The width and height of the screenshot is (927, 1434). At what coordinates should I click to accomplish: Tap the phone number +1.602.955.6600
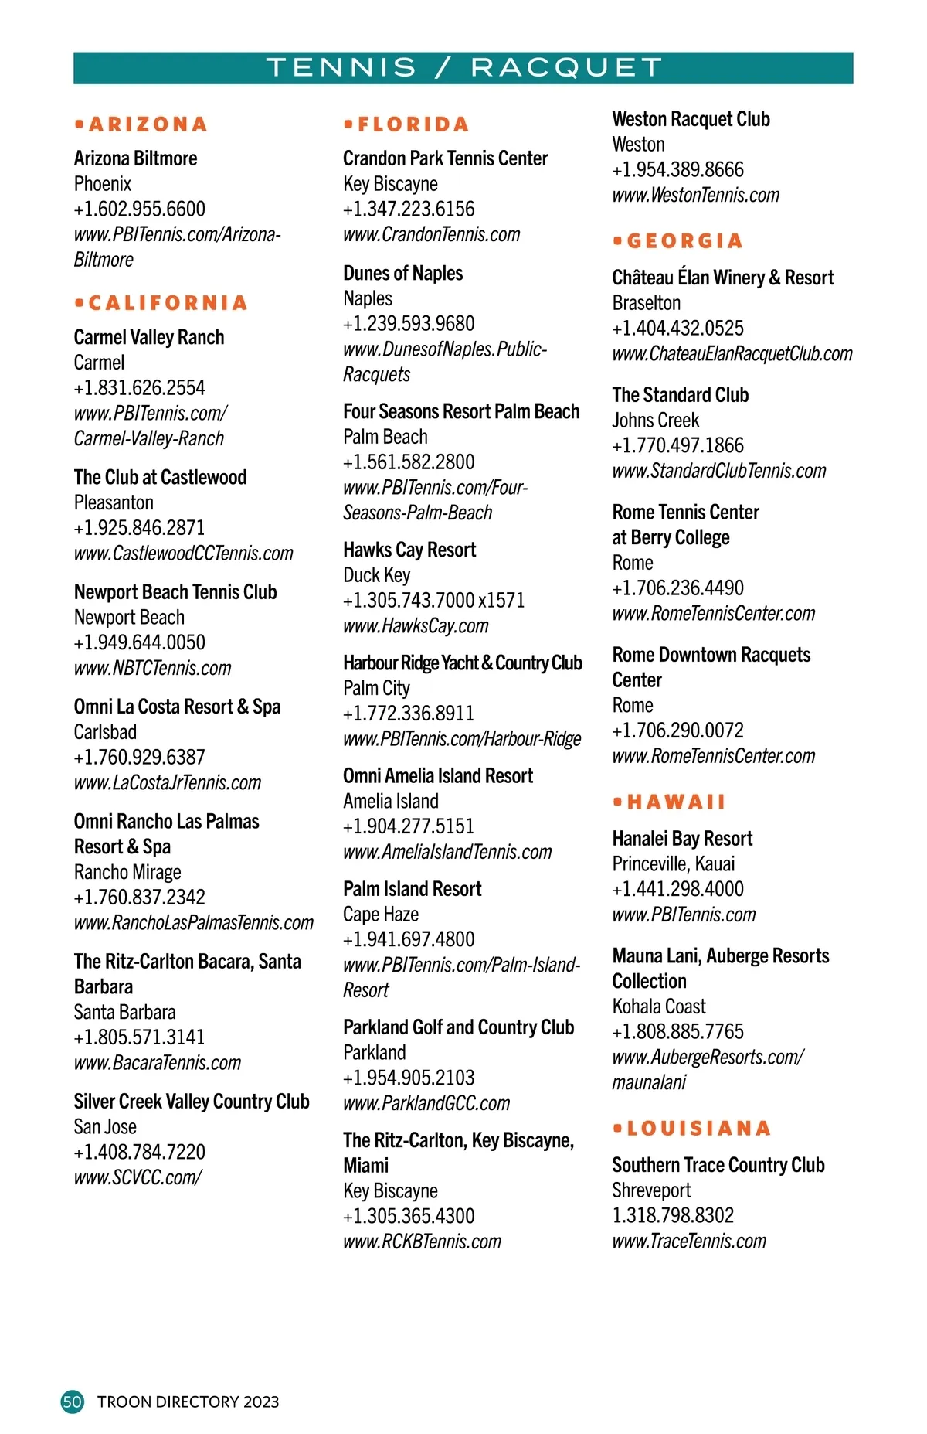click(140, 209)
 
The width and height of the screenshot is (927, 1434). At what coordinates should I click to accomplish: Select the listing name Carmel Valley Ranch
click(149, 338)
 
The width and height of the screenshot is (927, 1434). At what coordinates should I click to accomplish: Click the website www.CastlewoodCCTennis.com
click(184, 554)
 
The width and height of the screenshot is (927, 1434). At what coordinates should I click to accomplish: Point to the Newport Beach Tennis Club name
click(175, 592)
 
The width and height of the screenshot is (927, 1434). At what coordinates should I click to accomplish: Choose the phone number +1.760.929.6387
click(140, 758)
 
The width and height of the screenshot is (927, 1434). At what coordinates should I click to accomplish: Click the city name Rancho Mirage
click(127, 872)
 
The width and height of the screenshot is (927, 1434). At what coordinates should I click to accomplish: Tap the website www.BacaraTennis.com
click(158, 1063)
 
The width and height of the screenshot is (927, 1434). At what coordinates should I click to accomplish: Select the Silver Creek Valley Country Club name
click(192, 1102)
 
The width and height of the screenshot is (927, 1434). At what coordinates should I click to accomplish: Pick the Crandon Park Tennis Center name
click(446, 158)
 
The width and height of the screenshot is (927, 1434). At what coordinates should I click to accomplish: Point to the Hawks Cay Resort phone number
click(433, 601)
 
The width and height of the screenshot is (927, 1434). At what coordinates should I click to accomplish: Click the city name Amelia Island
click(391, 802)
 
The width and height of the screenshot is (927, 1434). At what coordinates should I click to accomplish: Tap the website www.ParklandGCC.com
click(426, 1103)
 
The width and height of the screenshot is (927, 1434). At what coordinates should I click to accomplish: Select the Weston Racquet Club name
click(691, 119)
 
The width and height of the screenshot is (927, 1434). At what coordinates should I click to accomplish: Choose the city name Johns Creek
click(656, 421)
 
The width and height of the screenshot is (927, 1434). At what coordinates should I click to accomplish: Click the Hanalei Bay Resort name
click(682, 839)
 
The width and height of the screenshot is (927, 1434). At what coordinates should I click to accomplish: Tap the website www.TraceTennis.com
click(689, 1242)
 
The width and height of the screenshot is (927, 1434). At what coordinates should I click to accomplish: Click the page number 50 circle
click(73, 1402)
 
